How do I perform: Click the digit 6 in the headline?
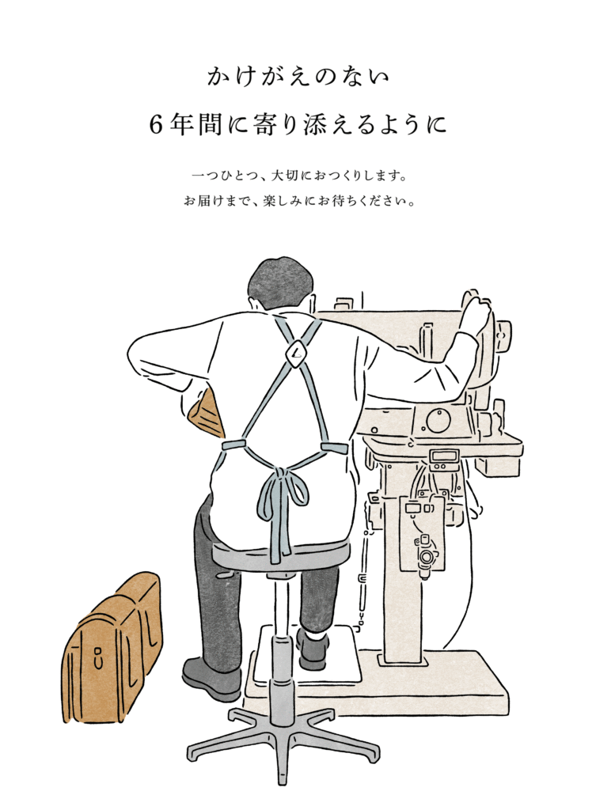(x=156, y=125)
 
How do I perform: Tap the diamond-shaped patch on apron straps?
(x=295, y=354)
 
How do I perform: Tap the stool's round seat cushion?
(x=279, y=555)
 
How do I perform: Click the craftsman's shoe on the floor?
(x=211, y=678)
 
